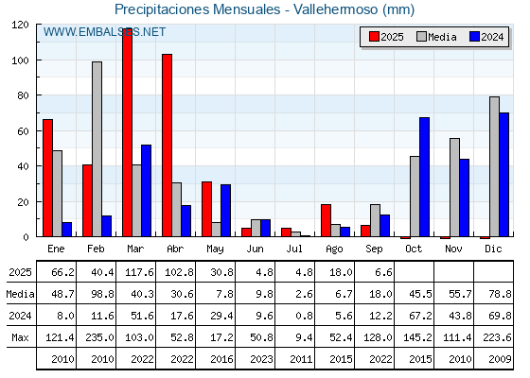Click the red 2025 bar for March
click(x=127, y=132)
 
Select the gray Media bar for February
click(x=97, y=149)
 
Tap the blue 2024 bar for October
click(x=425, y=177)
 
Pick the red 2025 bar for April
click(x=167, y=146)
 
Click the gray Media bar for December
click(x=494, y=166)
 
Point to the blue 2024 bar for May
click(x=226, y=210)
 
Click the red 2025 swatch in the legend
click(x=374, y=37)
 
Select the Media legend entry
click(x=436, y=37)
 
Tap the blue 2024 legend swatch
click(x=474, y=37)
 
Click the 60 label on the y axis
click(x=23, y=131)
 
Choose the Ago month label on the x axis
click(x=334, y=249)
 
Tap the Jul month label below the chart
click(x=294, y=249)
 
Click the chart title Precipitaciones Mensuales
click(x=198, y=9)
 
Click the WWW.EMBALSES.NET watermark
click(x=104, y=32)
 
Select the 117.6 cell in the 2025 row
click(x=139, y=272)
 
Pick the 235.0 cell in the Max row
click(x=99, y=337)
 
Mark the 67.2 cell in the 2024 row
click(x=420, y=316)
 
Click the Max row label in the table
click(x=20, y=337)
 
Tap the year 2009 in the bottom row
click(x=500, y=359)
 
